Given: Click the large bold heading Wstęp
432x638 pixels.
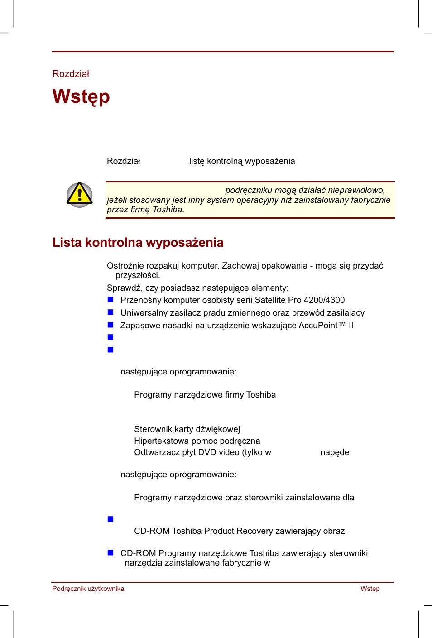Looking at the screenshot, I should click(x=81, y=97).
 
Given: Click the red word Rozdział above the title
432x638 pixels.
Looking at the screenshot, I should click(x=71, y=74).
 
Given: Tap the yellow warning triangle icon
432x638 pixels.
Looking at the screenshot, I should click(x=80, y=195).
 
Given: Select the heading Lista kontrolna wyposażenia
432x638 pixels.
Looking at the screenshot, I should click(x=138, y=243).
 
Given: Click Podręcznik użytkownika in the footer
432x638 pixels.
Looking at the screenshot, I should click(x=88, y=589).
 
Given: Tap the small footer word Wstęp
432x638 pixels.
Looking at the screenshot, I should click(x=370, y=589).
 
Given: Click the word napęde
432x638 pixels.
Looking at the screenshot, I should click(x=335, y=452).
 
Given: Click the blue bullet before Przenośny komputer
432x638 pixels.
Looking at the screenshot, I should click(x=110, y=300).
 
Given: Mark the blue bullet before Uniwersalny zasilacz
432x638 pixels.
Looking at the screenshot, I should click(x=110, y=312).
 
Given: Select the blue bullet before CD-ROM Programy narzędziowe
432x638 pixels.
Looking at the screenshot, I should click(x=110, y=553).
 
